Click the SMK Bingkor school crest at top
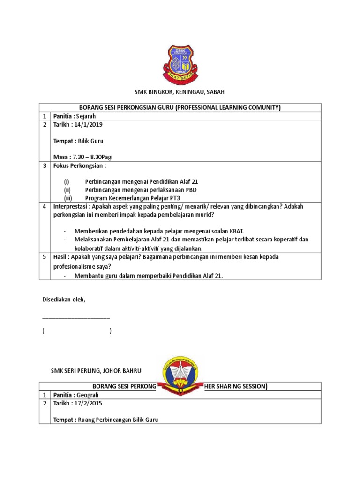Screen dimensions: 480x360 coord(179,64)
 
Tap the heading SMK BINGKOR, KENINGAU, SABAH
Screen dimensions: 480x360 coord(179,93)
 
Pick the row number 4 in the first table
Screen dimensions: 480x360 coord(43,206)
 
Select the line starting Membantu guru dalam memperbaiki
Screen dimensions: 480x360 coord(149,276)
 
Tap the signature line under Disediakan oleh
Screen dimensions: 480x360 coord(76,318)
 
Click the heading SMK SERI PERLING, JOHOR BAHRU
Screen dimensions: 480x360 coord(96,371)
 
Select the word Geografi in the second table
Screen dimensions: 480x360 coord(91,395)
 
